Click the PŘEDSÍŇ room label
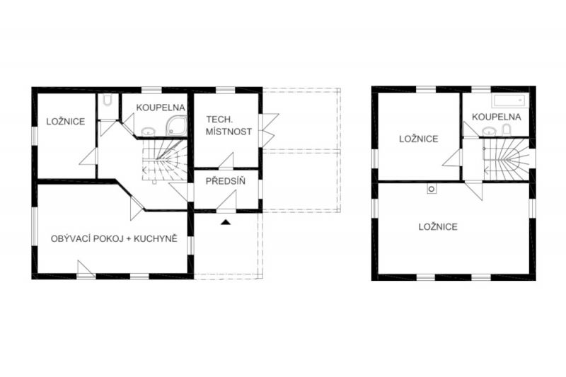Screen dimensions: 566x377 pyautogui.click(x=225, y=181)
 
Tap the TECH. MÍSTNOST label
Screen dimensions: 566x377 pyautogui.click(x=229, y=125)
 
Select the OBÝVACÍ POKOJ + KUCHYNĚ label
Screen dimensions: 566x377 pyautogui.click(x=114, y=238)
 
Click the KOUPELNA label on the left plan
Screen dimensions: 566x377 pyautogui.click(x=161, y=108)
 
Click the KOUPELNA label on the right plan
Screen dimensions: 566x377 pyautogui.click(x=497, y=117)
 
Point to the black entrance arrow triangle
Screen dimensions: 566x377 pyautogui.click(x=226, y=222)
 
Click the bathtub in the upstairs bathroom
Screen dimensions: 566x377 pyautogui.click(x=510, y=101)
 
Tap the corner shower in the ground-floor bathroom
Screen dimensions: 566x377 pyautogui.click(x=176, y=126)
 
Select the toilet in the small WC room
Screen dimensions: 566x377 pyautogui.click(x=108, y=100)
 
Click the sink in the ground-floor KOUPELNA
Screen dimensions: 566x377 pyautogui.click(x=148, y=132)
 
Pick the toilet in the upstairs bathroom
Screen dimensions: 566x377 pyautogui.click(x=507, y=130)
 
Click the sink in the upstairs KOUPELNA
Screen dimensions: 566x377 pyautogui.click(x=489, y=132)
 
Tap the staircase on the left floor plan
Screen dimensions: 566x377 pyautogui.click(x=165, y=160)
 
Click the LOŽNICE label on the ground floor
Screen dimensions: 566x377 pyautogui.click(x=66, y=122)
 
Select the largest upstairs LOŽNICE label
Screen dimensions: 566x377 pyautogui.click(x=438, y=226)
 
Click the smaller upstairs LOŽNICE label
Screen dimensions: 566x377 pyautogui.click(x=419, y=139)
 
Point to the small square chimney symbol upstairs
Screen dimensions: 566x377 pyautogui.click(x=432, y=189)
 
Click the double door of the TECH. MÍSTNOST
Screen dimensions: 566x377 pyautogui.click(x=269, y=130)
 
